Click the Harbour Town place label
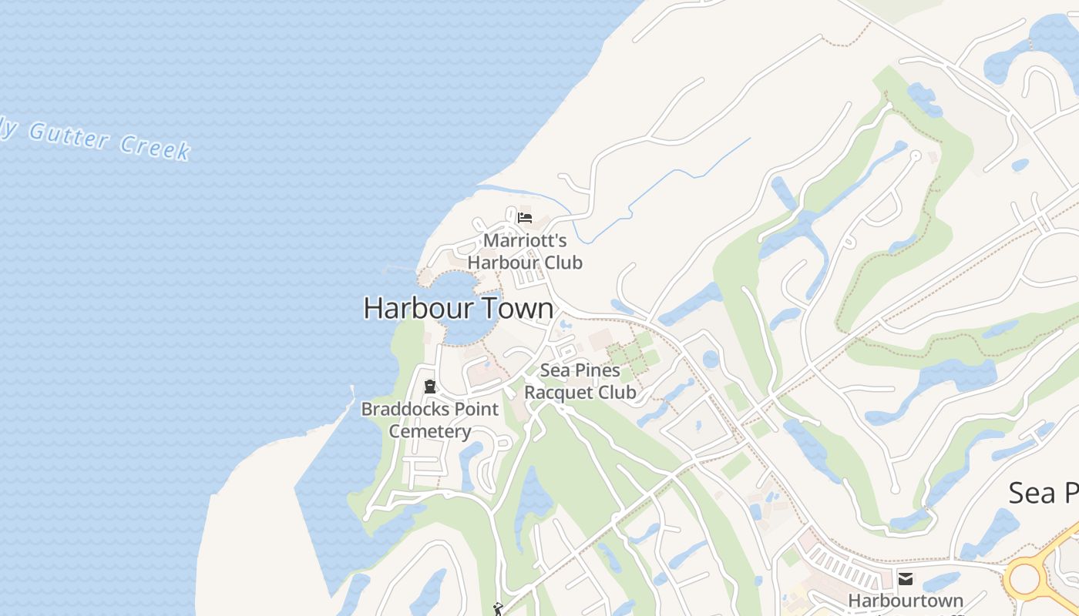point(458,308)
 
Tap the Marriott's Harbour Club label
point(525,251)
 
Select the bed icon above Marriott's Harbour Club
point(525,218)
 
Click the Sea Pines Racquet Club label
point(580,381)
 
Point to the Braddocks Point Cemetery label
point(430,420)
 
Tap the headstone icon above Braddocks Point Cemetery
point(430,387)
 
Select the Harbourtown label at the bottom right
point(906,600)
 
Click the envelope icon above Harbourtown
point(906,578)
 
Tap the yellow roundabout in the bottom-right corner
point(1025,578)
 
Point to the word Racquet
point(560,392)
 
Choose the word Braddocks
point(405,409)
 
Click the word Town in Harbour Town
point(517,308)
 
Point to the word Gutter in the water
point(68,136)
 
